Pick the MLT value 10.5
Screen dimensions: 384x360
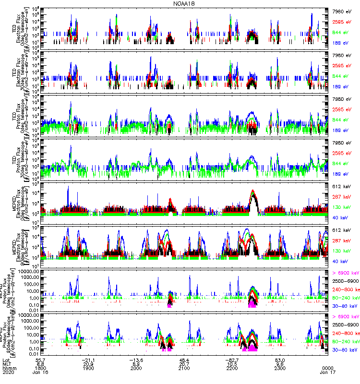coord(232,364)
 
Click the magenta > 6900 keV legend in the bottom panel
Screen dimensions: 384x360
coord(345,317)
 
